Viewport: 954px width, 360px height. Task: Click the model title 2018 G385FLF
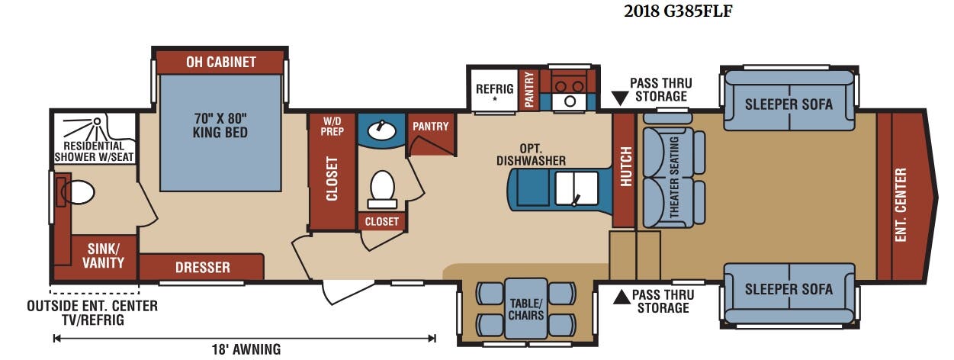678,11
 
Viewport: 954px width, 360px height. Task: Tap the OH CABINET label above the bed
221,63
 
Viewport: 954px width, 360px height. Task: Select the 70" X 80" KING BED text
220,125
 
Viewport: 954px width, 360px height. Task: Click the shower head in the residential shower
97,121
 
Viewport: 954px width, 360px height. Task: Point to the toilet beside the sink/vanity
78,192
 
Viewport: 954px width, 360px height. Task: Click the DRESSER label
203,268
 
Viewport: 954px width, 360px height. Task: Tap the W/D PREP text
332,127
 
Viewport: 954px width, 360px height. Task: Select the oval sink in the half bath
381,130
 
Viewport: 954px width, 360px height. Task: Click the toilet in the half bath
382,190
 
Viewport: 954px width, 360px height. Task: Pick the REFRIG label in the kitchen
494,89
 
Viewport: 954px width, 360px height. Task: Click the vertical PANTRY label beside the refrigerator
529,89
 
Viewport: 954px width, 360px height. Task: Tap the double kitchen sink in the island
577,188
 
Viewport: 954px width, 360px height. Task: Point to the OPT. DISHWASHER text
531,155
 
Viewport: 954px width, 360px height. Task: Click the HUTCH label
625,166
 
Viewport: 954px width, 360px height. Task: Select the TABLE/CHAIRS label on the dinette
526,310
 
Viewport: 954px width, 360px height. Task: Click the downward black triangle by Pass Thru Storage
620,98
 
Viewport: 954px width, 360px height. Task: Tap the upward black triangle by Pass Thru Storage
622,297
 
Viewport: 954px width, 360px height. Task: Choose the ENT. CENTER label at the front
901,205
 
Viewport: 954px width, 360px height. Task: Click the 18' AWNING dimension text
246,350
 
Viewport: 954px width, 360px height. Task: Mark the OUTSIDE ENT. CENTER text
92,306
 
